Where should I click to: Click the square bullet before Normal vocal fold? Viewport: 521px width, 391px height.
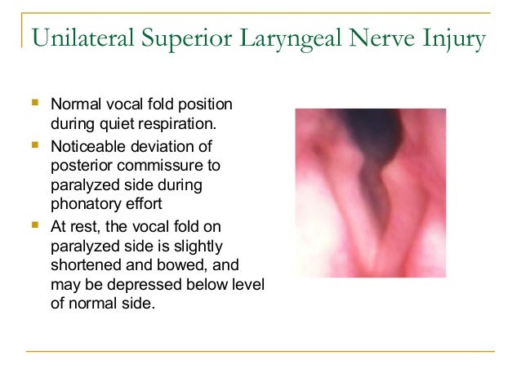point(33,104)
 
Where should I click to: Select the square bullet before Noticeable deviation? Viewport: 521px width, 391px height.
point(33,145)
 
